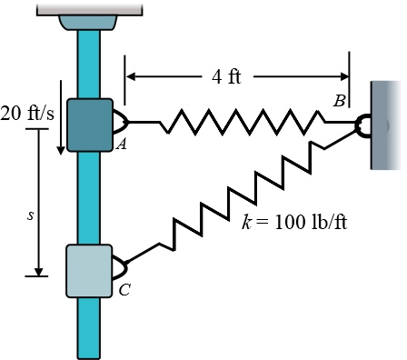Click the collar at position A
[89, 124]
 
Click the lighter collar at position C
[89, 271]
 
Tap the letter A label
[120, 144]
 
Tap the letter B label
[338, 101]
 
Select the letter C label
[124, 291]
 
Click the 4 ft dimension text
[226, 76]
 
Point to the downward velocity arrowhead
[60, 145]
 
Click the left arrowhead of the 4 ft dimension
[130, 76]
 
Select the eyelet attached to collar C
[120, 268]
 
